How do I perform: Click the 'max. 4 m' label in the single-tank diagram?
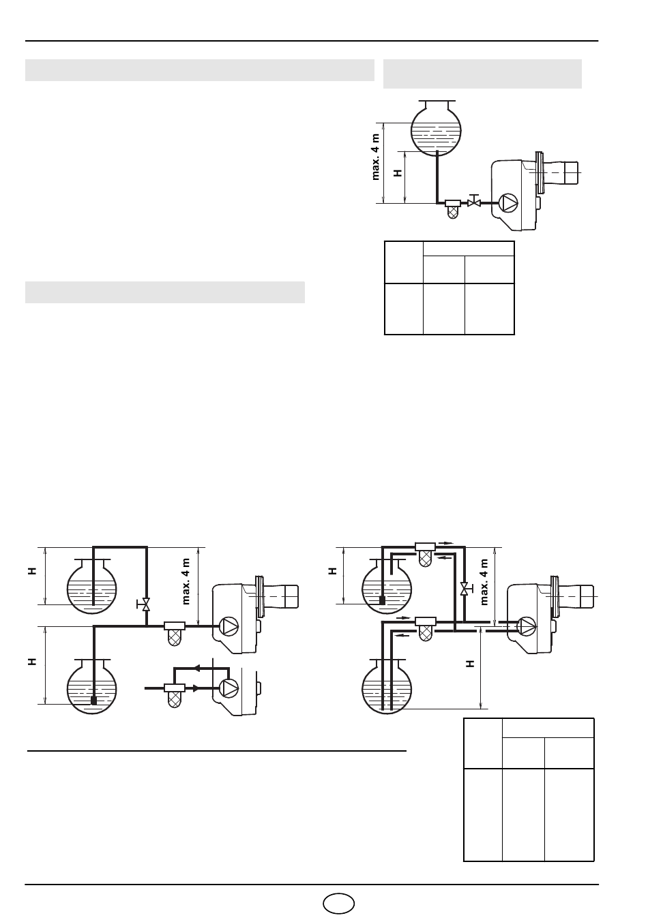[x=376, y=157]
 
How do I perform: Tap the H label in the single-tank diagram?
[x=398, y=173]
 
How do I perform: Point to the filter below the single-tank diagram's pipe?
[x=453, y=209]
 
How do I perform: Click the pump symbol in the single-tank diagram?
[x=508, y=202]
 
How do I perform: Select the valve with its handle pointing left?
[x=143, y=604]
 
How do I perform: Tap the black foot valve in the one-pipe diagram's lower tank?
[x=94, y=700]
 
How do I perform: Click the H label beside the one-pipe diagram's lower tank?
[x=33, y=662]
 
